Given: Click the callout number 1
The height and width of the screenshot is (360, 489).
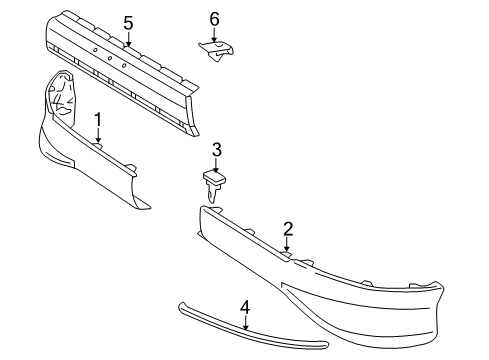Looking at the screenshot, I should [x=98, y=120].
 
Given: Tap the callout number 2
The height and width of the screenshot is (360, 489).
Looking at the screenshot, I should [x=287, y=229].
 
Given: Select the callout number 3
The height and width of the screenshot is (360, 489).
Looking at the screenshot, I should [x=216, y=149].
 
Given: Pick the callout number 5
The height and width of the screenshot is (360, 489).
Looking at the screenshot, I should [x=128, y=21].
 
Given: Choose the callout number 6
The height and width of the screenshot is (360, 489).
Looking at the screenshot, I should [x=214, y=18].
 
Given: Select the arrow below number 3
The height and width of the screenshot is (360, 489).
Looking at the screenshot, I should [x=216, y=164].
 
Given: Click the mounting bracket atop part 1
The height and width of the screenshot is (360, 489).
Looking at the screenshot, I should [x=61, y=95].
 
